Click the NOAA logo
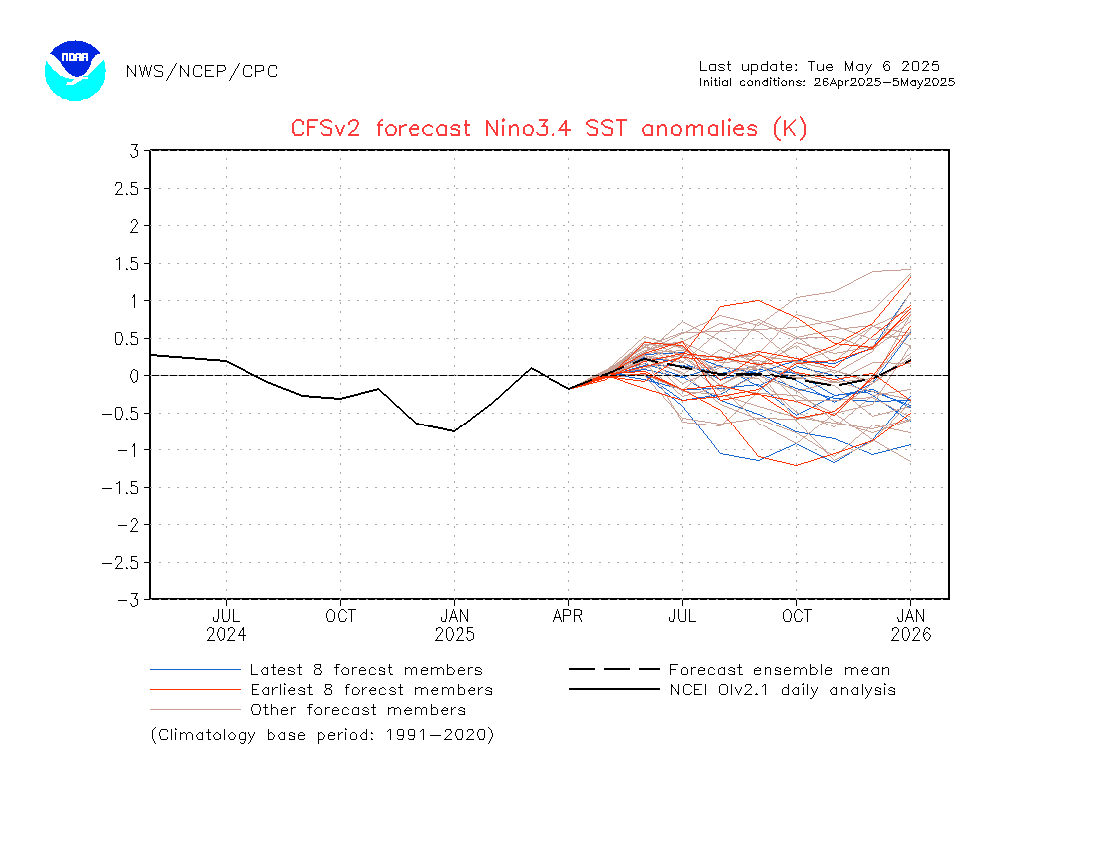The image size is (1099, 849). (75, 70)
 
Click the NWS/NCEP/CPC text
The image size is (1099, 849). (202, 71)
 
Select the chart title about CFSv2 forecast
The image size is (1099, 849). (549, 128)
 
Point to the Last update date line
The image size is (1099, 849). (819, 66)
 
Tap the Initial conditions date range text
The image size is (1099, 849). (827, 82)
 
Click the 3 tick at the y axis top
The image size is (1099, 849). (133, 151)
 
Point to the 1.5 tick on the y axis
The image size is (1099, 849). (125, 263)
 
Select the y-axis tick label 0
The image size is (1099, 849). (133, 376)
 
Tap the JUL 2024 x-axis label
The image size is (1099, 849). (226, 625)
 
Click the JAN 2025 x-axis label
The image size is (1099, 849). (455, 625)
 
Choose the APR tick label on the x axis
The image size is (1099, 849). (568, 617)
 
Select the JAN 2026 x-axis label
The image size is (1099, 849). (911, 625)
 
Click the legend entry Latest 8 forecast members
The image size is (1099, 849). (366, 670)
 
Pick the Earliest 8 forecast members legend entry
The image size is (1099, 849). (371, 690)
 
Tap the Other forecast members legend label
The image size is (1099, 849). (358, 710)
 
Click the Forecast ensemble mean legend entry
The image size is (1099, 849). (779, 670)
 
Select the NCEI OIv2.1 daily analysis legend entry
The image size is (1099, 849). (782, 690)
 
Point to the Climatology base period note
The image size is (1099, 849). (322, 735)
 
